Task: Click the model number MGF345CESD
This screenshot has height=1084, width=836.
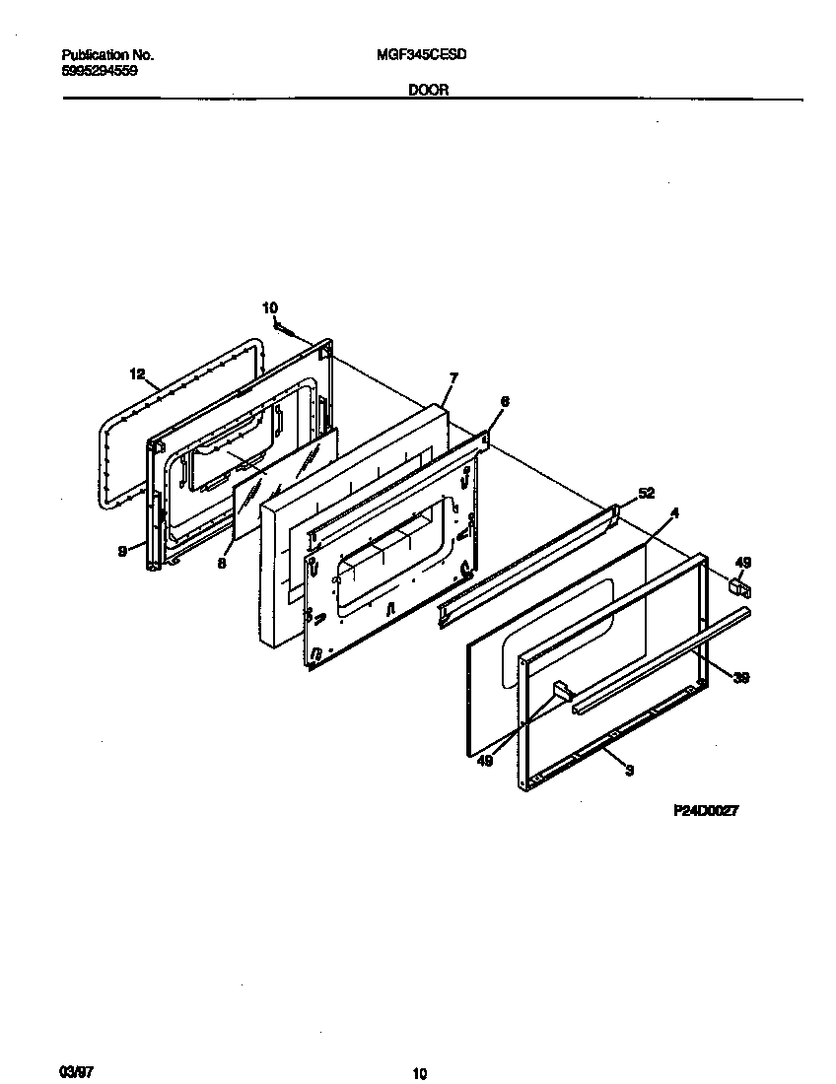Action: pyautogui.click(x=421, y=56)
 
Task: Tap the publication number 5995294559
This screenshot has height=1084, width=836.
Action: pyautogui.click(x=100, y=71)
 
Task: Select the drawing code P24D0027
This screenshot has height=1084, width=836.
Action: pyautogui.click(x=706, y=810)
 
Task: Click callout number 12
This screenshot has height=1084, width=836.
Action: pyautogui.click(x=137, y=373)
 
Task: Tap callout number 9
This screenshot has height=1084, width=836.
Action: pyautogui.click(x=122, y=552)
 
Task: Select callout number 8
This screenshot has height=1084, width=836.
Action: pyautogui.click(x=222, y=563)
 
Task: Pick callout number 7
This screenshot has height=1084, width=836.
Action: pyautogui.click(x=453, y=377)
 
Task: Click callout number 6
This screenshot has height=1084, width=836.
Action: pyautogui.click(x=505, y=401)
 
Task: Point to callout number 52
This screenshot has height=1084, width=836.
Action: pyautogui.click(x=647, y=493)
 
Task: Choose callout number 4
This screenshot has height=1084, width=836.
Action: pyautogui.click(x=674, y=512)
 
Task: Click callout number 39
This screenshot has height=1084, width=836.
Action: pyautogui.click(x=741, y=677)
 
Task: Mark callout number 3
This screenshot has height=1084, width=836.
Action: pyautogui.click(x=629, y=771)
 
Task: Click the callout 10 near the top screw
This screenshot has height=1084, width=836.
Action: pyautogui.click(x=270, y=308)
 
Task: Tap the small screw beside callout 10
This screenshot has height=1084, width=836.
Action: pyautogui.click(x=282, y=326)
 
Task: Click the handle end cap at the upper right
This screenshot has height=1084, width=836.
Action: pyautogui.click(x=736, y=587)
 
